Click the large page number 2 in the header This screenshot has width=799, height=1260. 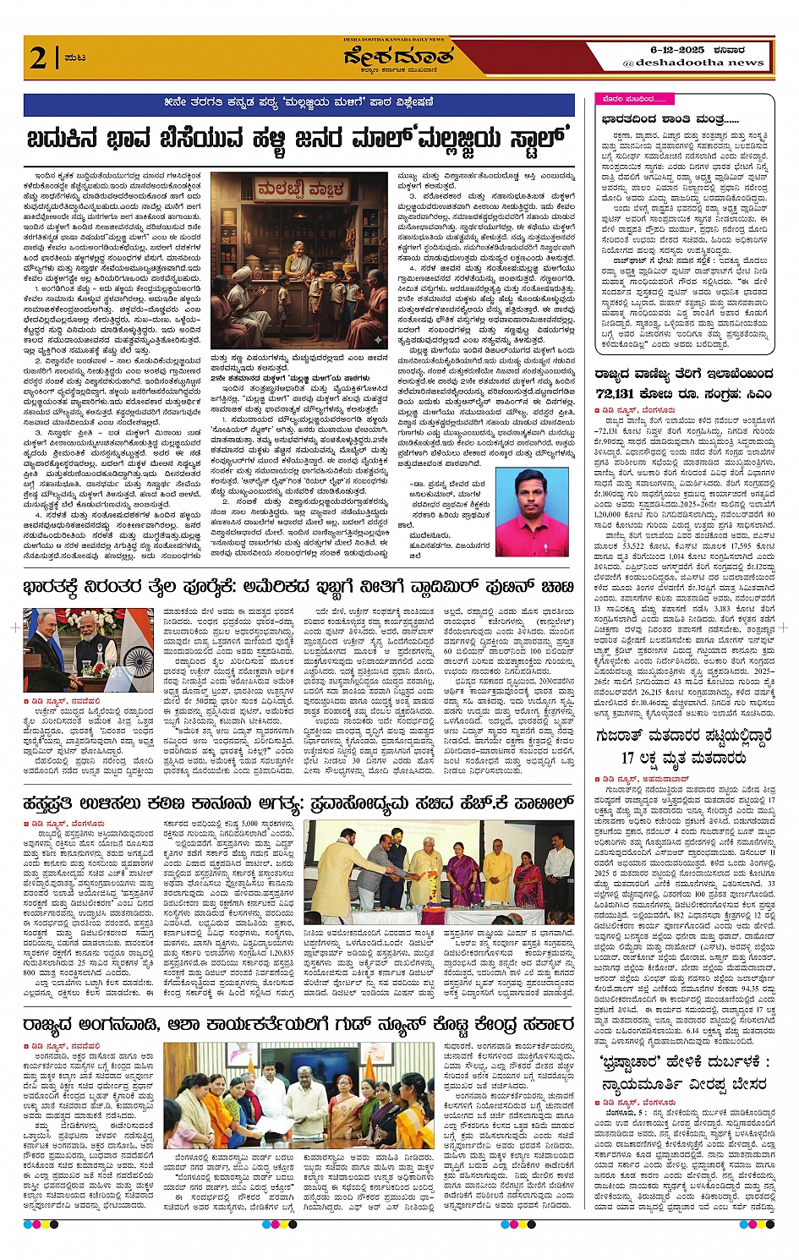(x=37, y=58)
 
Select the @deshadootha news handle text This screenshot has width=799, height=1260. (x=693, y=63)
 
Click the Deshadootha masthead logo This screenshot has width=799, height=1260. (x=399, y=58)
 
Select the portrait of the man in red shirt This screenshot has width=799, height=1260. (x=530, y=512)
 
